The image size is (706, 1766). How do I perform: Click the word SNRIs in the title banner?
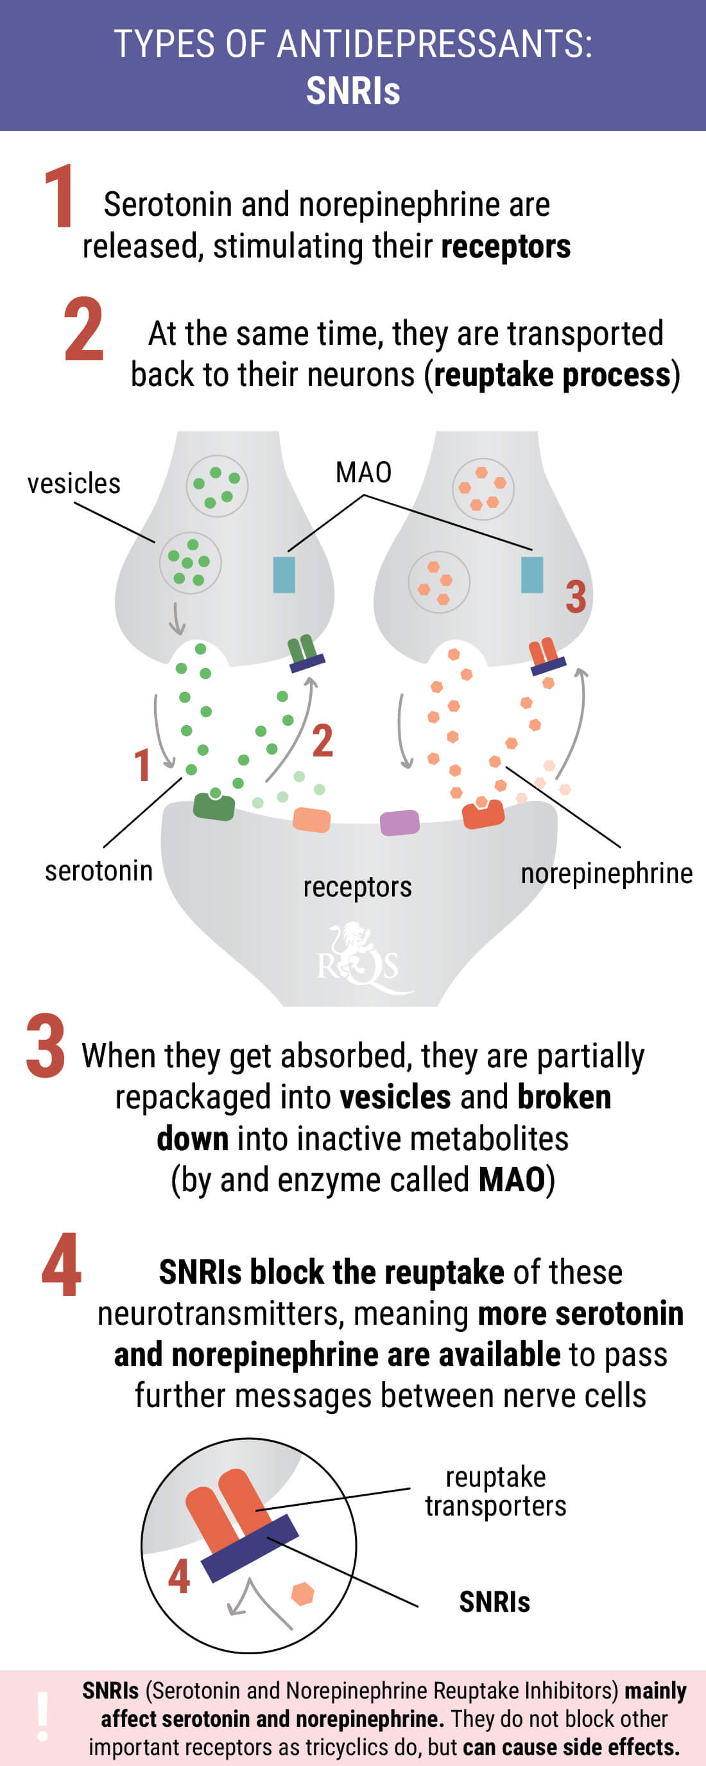(x=353, y=91)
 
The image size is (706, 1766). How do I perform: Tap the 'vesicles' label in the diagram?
(x=73, y=484)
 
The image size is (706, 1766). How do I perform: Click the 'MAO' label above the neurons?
(x=363, y=473)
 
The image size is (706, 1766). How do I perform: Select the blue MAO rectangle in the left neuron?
(x=284, y=575)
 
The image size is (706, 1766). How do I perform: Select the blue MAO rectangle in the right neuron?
(x=532, y=575)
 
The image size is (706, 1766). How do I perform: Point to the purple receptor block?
(x=400, y=822)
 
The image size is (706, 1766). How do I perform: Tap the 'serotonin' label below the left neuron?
(x=99, y=871)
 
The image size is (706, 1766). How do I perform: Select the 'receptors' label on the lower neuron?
(x=357, y=887)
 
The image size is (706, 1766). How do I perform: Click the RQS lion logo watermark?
(x=359, y=957)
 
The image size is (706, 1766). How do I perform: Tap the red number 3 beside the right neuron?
(x=576, y=597)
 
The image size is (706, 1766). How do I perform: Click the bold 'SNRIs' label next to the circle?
(x=494, y=1602)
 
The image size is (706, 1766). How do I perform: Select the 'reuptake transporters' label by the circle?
(x=495, y=1491)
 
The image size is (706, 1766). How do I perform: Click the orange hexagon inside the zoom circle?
(x=302, y=1593)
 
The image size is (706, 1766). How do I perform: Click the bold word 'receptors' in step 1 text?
(x=506, y=247)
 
